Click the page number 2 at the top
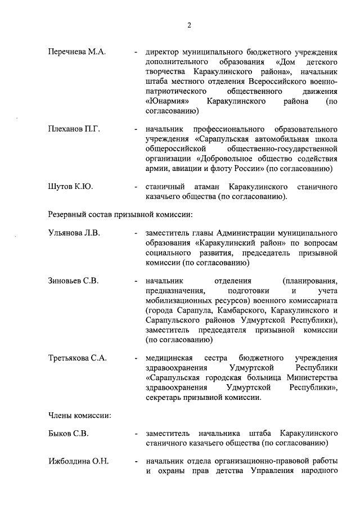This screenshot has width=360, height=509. pyautogui.click(x=190, y=25)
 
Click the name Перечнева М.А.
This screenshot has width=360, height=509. pyautogui.click(x=76, y=52)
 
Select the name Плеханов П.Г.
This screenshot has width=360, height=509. pyautogui.click(x=74, y=129)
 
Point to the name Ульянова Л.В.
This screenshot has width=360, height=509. pyautogui.click(x=74, y=233)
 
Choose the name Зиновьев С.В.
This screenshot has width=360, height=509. pyautogui.click(x=73, y=281)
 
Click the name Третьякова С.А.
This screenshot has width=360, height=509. pyautogui.click(x=77, y=358)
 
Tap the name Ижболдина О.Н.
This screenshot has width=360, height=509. pyautogui.click(x=78, y=462)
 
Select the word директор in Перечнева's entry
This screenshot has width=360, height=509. pyautogui.click(x=163, y=52)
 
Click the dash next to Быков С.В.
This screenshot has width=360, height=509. pyautogui.click(x=136, y=434)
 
